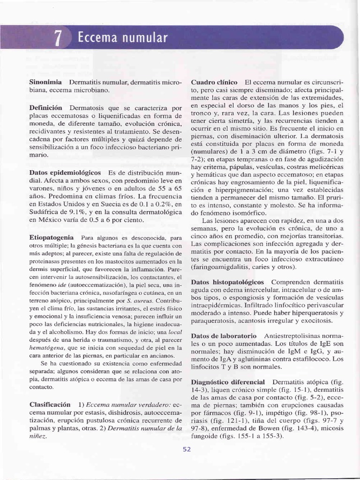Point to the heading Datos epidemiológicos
coord(65,173)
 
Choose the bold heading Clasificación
coord(50,404)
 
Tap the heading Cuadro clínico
coord(214,82)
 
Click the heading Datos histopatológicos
coord(227,282)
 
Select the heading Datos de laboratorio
coord(224,336)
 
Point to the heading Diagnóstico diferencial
coord(228,382)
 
